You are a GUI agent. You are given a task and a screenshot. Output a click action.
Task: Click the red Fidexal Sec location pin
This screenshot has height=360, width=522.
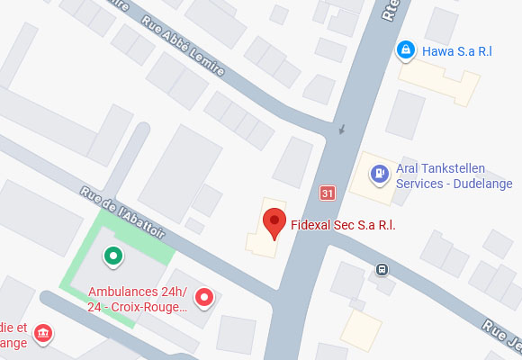[x=274, y=222]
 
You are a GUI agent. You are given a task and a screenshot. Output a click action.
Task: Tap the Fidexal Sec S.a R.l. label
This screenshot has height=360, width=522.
[x=343, y=224]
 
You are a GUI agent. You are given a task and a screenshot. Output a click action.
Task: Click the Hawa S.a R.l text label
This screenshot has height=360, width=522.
[x=456, y=51]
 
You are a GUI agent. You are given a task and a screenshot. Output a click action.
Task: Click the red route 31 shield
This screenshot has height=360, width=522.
[x=328, y=193]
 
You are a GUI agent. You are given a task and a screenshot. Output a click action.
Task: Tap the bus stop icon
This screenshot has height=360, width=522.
[x=382, y=268]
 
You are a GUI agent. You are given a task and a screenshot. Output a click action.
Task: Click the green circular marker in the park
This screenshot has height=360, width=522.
[x=112, y=257]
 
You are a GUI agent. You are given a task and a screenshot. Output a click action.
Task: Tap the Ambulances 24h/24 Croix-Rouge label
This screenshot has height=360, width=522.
[x=137, y=299]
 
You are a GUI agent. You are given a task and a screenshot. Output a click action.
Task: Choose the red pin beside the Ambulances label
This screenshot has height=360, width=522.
[x=205, y=297]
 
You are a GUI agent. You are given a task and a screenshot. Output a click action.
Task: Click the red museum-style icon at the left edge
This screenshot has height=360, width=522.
[x=42, y=335]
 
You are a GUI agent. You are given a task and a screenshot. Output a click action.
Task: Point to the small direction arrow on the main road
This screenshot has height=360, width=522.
[x=340, y=132]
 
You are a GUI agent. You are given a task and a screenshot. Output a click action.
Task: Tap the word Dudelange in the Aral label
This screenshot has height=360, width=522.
[x=479, y=184]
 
